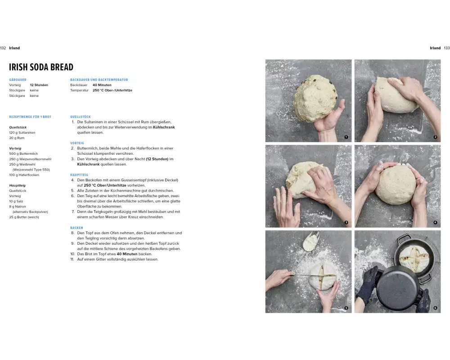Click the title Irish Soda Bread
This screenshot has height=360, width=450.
point(41,67)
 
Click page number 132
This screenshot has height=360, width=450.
point(3,48)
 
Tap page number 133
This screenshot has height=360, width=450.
point(447,48)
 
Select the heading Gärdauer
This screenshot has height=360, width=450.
point(18,80)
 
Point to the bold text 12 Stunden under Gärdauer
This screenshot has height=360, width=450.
point(39,85)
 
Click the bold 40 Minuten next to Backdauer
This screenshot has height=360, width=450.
point(102,85)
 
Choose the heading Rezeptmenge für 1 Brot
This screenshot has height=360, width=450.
point(30,117)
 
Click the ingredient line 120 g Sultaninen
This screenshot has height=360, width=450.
point(22,133)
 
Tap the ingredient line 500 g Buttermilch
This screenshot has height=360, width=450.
point(23,153)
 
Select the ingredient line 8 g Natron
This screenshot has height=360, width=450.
point(18,207)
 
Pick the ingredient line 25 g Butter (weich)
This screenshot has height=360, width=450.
point(24,217)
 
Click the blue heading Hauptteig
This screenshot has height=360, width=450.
point(79,175)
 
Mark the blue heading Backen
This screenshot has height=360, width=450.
point(76,228)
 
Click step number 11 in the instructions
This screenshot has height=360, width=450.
point(72,259)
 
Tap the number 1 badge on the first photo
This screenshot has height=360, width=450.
point(346,137)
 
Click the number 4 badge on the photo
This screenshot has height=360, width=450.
point(435,222)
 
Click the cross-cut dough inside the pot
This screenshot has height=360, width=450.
point(414,259)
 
